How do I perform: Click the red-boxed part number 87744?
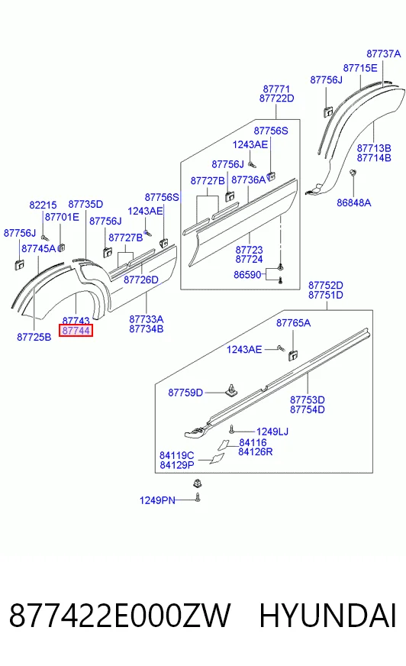tap(76, 331)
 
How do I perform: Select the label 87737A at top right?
tap(384, 54)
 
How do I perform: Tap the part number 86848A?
tap(354, 203)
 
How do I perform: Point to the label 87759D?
tap(185, 393)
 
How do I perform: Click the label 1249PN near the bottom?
tap(157, 501)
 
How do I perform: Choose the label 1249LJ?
tap(272, 432)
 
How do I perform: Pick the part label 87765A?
tap(293, 323)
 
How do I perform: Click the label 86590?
tap(247, 275)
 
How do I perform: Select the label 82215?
tap(43, 205)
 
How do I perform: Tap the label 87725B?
tap(34, 338)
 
